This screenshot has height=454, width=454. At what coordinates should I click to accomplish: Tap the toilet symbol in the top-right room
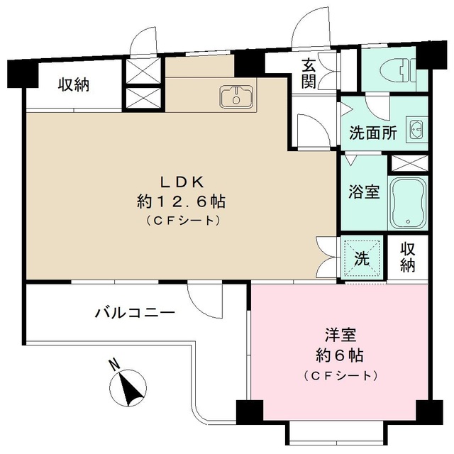(397, 70)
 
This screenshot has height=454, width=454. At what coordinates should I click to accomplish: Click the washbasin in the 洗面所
(416, 131)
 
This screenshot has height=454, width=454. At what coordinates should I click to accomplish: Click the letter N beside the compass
(113, 365)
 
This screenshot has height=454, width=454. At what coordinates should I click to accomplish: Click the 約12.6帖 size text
(181, 201)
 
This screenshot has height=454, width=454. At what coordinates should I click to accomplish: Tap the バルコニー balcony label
(134, 311)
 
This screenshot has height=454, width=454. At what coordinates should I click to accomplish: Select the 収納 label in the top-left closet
(74, 85)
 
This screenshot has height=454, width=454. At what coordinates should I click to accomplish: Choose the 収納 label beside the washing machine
(408, 257)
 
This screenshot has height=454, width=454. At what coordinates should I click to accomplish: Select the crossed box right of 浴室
(408, 162)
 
